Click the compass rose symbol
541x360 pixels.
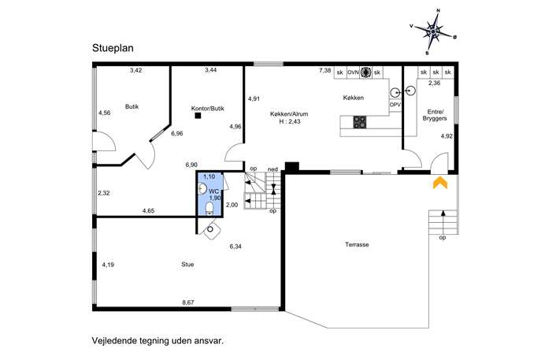[x=433, y=32]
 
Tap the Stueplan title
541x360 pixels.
[x=113, y=48]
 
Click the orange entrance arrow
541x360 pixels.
[x=440, y=183]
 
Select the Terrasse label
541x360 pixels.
[x=357, y=244]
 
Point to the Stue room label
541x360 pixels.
[x=187, y=265]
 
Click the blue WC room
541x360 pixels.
[x=209, y=195]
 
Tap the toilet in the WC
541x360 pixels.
[x=209, y=209]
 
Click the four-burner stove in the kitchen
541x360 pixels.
[x=360, y=122]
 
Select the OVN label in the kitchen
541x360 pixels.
[x=353, y=72]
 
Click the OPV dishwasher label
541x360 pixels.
[x=395, y=104]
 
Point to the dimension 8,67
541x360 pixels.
[x=188, y=302]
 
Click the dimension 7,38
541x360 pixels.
[x=324, y=70]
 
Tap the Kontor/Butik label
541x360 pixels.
[x=208, y=109]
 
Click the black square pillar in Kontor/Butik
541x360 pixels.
[x=198, y=116]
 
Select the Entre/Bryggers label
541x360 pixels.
[x=435, y=115]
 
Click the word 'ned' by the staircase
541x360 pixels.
[x=272, y=169]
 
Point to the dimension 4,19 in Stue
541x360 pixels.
[x=108, y=265]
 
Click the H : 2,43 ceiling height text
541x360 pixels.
[x=290, y=121]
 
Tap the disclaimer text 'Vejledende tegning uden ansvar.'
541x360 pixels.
[x=157, y=340]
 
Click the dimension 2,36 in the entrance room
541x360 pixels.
[x=435, y=83]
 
